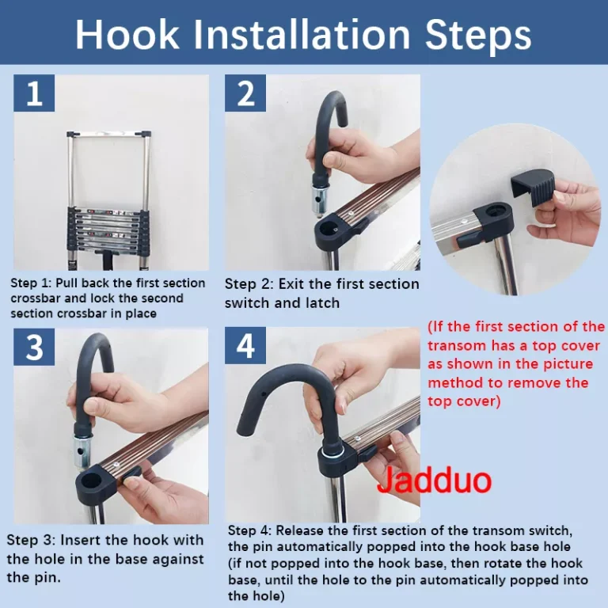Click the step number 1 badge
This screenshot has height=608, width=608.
pyautogui.click(x=34, y=93)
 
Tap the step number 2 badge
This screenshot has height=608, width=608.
pyautogui.click(x=245, y=93)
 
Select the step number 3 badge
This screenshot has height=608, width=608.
pyautogui.click(x=34, y=347)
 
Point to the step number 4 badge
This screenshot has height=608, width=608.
pyautogui.click(x=245, y=345)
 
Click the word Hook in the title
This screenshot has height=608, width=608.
pyautogui.click(x=127, y=34)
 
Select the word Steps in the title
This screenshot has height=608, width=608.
pyautogui.click(x=478, y=35)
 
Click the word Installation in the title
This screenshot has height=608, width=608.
pyautogui.click(x=302, y=34)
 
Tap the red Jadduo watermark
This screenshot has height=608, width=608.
pyautogui.click(x=435, y=481)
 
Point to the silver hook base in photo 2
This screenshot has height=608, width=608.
pyautogui.click(x=321, y=200)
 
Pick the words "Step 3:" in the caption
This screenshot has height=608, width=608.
pyautogui.click(x=31, y=540)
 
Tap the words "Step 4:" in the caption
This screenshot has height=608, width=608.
pyautogui.click(x=249, y=530)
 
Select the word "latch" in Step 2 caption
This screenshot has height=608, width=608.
pyautogui.click(x=322, y=303)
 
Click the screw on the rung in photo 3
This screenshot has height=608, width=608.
pyautogui.click(x=116, y=465)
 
